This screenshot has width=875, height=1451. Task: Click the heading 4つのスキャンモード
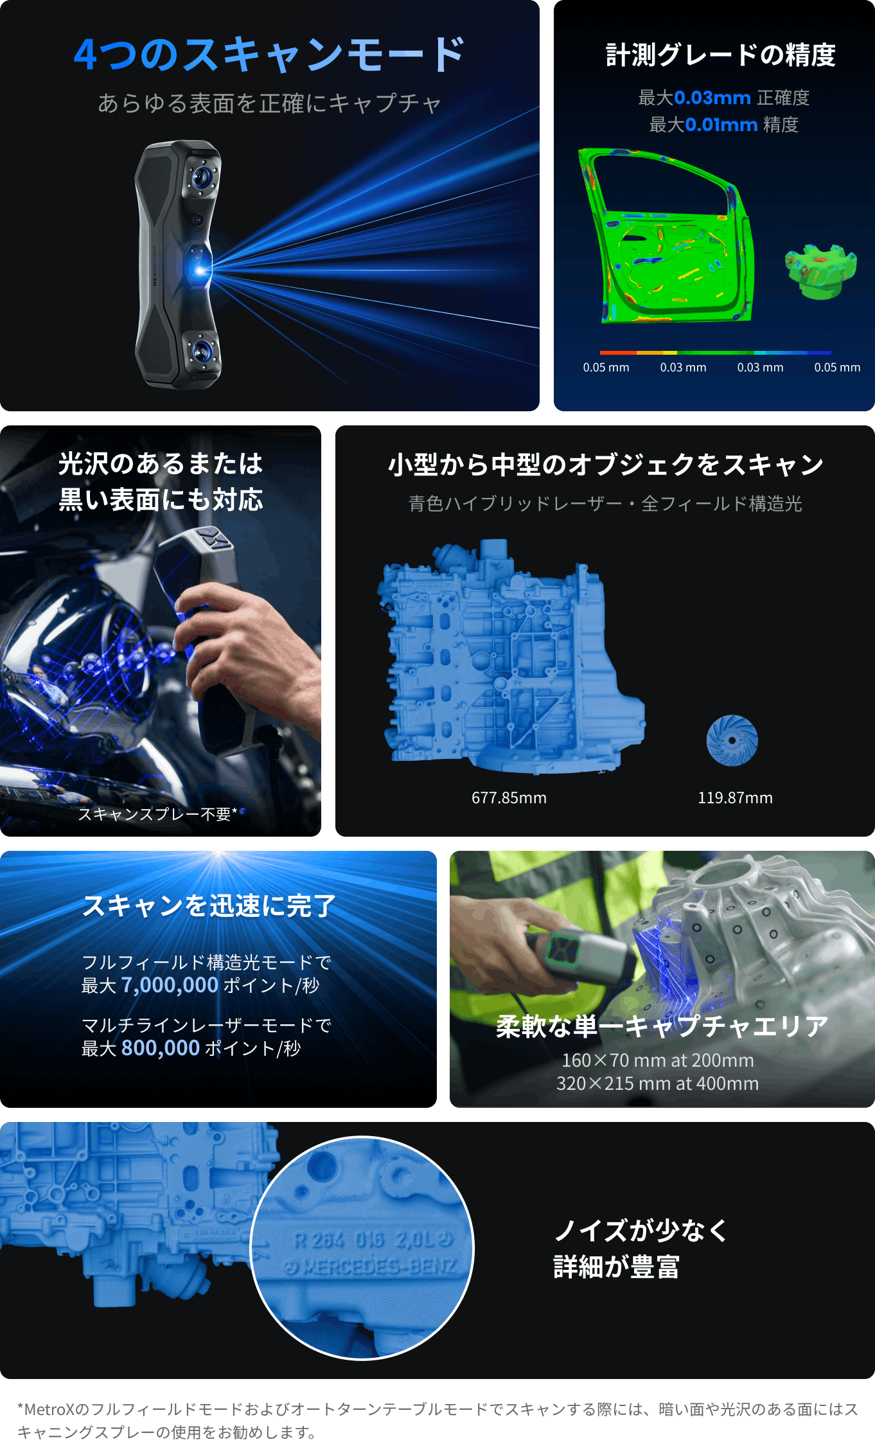pos(269,54)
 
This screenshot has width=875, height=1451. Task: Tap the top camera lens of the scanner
pos(202,175)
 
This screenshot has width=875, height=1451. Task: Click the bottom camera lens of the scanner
pos(202,351)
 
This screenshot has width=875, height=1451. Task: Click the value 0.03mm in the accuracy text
pos(712,98)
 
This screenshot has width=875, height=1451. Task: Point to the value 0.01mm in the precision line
pos(721,125)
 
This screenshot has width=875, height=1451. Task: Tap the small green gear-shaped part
pos(820,271)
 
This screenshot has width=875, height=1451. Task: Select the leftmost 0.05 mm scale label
pos(606,368)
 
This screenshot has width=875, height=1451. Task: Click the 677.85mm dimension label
pos(509,798)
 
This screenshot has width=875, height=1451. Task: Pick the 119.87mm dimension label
pos(736,798)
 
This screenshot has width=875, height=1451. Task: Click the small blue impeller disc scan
pos(732,740)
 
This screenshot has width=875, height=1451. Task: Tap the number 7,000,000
pos(170,985)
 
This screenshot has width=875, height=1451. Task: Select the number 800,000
pos(161,1048)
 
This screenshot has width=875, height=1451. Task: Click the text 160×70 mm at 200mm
pos(658,1060)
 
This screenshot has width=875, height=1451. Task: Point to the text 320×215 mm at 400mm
pos(658,1083)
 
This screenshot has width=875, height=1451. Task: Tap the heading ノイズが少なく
pos(641,1231)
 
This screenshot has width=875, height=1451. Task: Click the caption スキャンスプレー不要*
pos(158,814)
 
